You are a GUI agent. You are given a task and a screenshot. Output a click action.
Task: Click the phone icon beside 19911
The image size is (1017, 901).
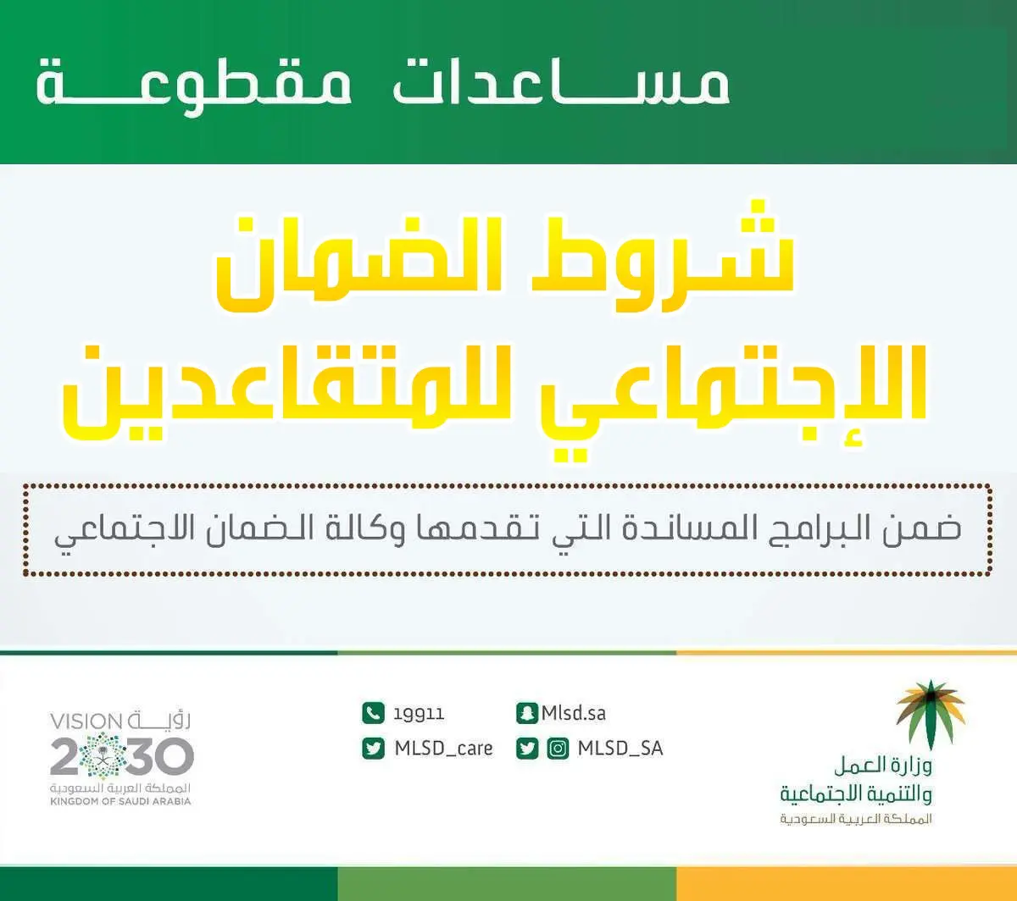(373, 713)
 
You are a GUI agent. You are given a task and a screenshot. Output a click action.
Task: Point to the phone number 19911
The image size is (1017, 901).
(420, 714)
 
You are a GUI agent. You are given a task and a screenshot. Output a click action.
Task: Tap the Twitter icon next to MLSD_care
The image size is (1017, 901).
(373, 749)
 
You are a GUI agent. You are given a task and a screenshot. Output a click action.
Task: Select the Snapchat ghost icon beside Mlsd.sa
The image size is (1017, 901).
(527, 713)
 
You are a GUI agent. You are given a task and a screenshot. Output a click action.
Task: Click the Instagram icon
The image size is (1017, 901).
(558, 749)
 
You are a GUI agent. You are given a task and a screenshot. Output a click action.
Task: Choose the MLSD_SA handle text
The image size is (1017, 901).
(620, 749)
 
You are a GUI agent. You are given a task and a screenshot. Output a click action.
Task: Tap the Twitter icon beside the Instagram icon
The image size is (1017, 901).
(527, 749)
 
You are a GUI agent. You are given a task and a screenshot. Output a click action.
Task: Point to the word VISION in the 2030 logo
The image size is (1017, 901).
(86, 722)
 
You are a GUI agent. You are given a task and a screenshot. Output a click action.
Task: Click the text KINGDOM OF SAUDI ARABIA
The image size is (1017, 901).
(120, 802)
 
